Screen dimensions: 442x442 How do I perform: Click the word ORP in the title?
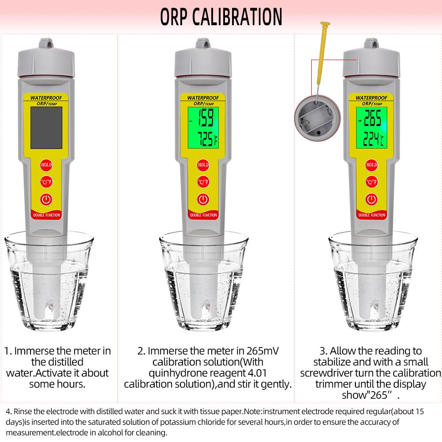tap(174, 17)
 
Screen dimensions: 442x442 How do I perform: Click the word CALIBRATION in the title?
tap(237, 17)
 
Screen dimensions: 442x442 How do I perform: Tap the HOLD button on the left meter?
tap(46, 165)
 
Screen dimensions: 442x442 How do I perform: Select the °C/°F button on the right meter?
tap(372, 182)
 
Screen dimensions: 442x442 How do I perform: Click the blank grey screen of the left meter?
tap(46, 127)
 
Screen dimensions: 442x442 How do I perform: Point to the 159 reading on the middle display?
tap(206, 118)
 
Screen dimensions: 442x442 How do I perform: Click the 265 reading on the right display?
tap(373, 118)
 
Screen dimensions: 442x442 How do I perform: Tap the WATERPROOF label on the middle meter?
tap(203, 98)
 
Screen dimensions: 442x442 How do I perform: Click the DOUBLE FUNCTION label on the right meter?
tap(372, 215)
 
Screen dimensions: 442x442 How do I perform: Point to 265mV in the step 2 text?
tap(263, 351)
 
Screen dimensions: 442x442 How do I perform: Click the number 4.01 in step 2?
tap(257, 373)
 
